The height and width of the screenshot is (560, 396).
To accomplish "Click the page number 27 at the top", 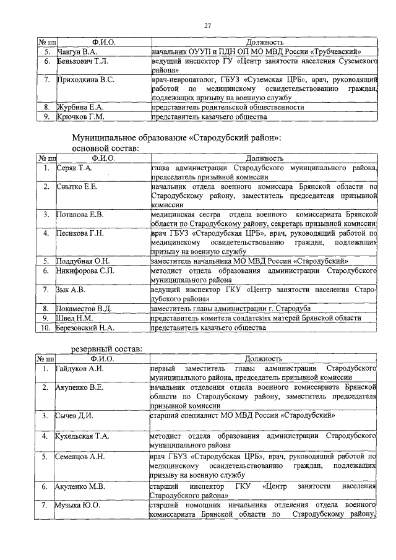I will [209, 25].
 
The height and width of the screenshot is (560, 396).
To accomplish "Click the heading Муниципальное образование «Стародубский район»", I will [176, 137].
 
